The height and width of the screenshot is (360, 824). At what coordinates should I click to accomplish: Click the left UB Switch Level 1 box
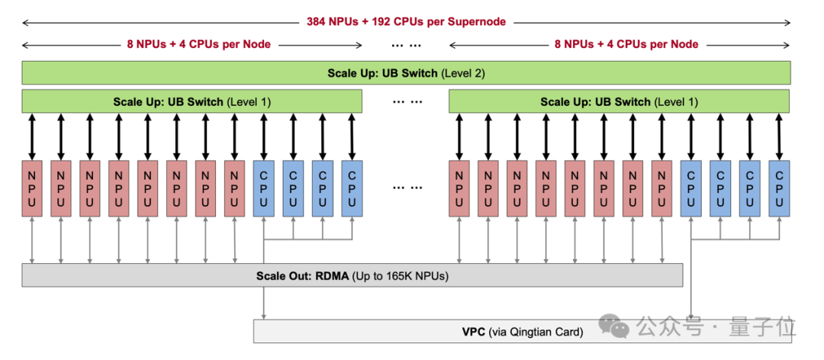[x=192, y=101]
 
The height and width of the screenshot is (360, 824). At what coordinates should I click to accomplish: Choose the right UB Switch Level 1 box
[x=619, y=101]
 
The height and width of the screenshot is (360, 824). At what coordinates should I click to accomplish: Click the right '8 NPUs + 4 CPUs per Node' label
[x=626, y=44]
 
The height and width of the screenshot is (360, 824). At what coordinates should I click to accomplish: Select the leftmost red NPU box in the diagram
[x=31, y=188]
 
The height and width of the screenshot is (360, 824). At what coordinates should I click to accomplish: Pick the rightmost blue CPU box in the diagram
[x=779, y=188]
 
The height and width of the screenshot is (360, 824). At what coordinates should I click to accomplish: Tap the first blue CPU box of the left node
[x=263, y=188]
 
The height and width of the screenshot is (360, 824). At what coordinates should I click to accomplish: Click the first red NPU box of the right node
[x=459, y=188]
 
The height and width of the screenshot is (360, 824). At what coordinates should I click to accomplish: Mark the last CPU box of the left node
[x=352, y=188]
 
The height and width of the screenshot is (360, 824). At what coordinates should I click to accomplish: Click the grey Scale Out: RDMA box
[x=352, y=275]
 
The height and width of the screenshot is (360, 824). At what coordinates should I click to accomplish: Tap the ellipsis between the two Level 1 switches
[x=406, y=101]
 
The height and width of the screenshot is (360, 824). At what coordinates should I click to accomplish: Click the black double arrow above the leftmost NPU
[x=31, y=137]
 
